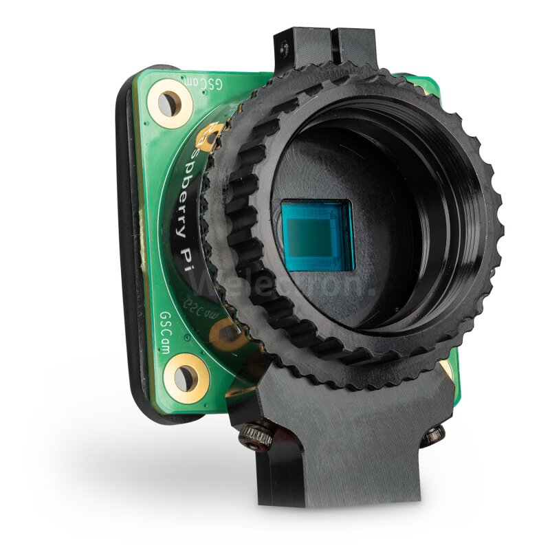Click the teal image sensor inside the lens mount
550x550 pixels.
(318, 236)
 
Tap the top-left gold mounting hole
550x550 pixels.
(168, 103)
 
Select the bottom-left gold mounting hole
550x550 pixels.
(186, 377)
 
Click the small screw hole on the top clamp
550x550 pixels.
(282, 45)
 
